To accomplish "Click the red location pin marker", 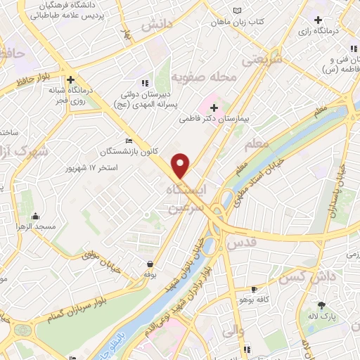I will click(181, 165).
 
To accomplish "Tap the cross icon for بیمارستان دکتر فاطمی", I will click(214, 107).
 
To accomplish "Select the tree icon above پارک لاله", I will click(322, 305).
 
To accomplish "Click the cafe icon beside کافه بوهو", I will click(254, 289).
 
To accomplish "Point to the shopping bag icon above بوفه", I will click(150, 264).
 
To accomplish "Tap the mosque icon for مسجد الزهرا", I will click(34, 216).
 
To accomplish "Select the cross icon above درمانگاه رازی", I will click(319, 19).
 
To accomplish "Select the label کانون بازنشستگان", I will click(128, 151).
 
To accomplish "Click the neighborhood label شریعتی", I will click(262, 60).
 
